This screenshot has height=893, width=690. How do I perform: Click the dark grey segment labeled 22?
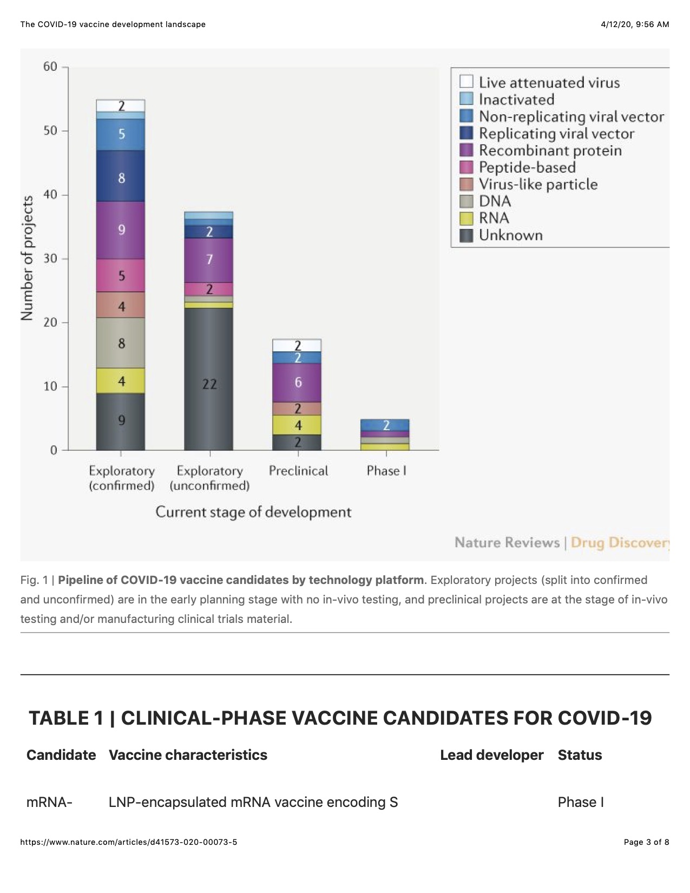208,379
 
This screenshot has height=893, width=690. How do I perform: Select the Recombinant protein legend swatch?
466,150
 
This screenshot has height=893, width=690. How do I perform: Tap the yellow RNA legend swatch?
466,218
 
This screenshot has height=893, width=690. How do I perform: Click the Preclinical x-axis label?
298,471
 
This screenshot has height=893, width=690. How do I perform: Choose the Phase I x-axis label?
386,471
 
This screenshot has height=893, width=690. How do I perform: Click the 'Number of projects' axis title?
27,258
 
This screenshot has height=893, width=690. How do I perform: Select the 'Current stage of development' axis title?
253,512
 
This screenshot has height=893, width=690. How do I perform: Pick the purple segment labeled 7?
208,260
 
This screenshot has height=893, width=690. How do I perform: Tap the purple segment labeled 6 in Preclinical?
297,383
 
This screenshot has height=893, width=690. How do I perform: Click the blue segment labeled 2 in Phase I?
385,425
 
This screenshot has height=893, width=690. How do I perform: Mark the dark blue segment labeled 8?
120,176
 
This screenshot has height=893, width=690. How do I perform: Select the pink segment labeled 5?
120,275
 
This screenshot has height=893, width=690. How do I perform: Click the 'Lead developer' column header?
491,755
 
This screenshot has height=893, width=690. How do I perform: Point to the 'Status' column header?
580,755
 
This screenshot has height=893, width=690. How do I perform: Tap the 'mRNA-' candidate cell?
49,802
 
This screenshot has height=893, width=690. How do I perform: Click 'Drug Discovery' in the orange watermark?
620,543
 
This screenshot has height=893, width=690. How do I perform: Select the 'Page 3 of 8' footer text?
647,842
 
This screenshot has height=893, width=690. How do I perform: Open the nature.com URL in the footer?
129,842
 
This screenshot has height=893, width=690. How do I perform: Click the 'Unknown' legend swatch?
466,235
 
